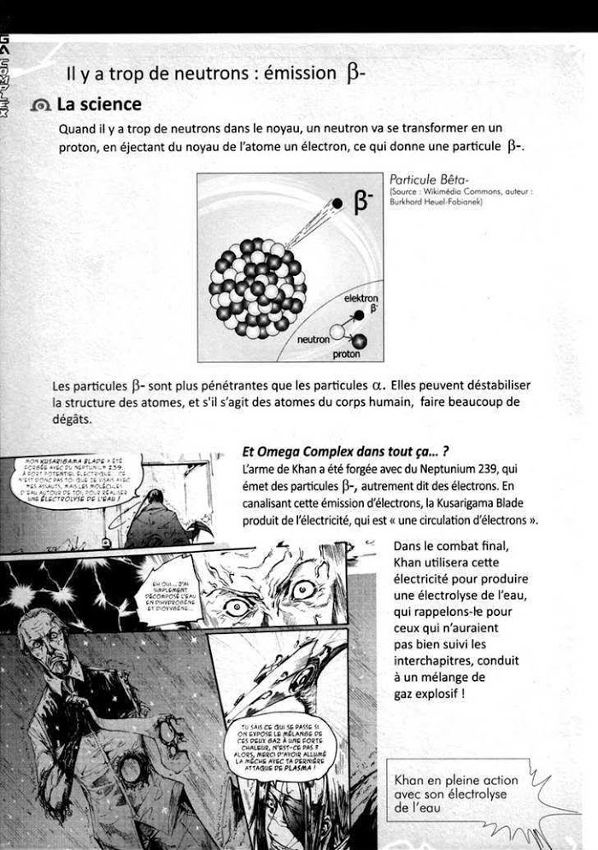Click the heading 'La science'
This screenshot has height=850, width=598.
98,105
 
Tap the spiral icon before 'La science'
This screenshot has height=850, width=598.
40,106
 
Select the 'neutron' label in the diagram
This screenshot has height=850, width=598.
313,339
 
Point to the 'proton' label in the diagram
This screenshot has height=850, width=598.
346,354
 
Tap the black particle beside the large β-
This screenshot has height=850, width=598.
337,203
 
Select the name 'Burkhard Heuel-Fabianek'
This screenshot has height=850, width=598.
436,202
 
